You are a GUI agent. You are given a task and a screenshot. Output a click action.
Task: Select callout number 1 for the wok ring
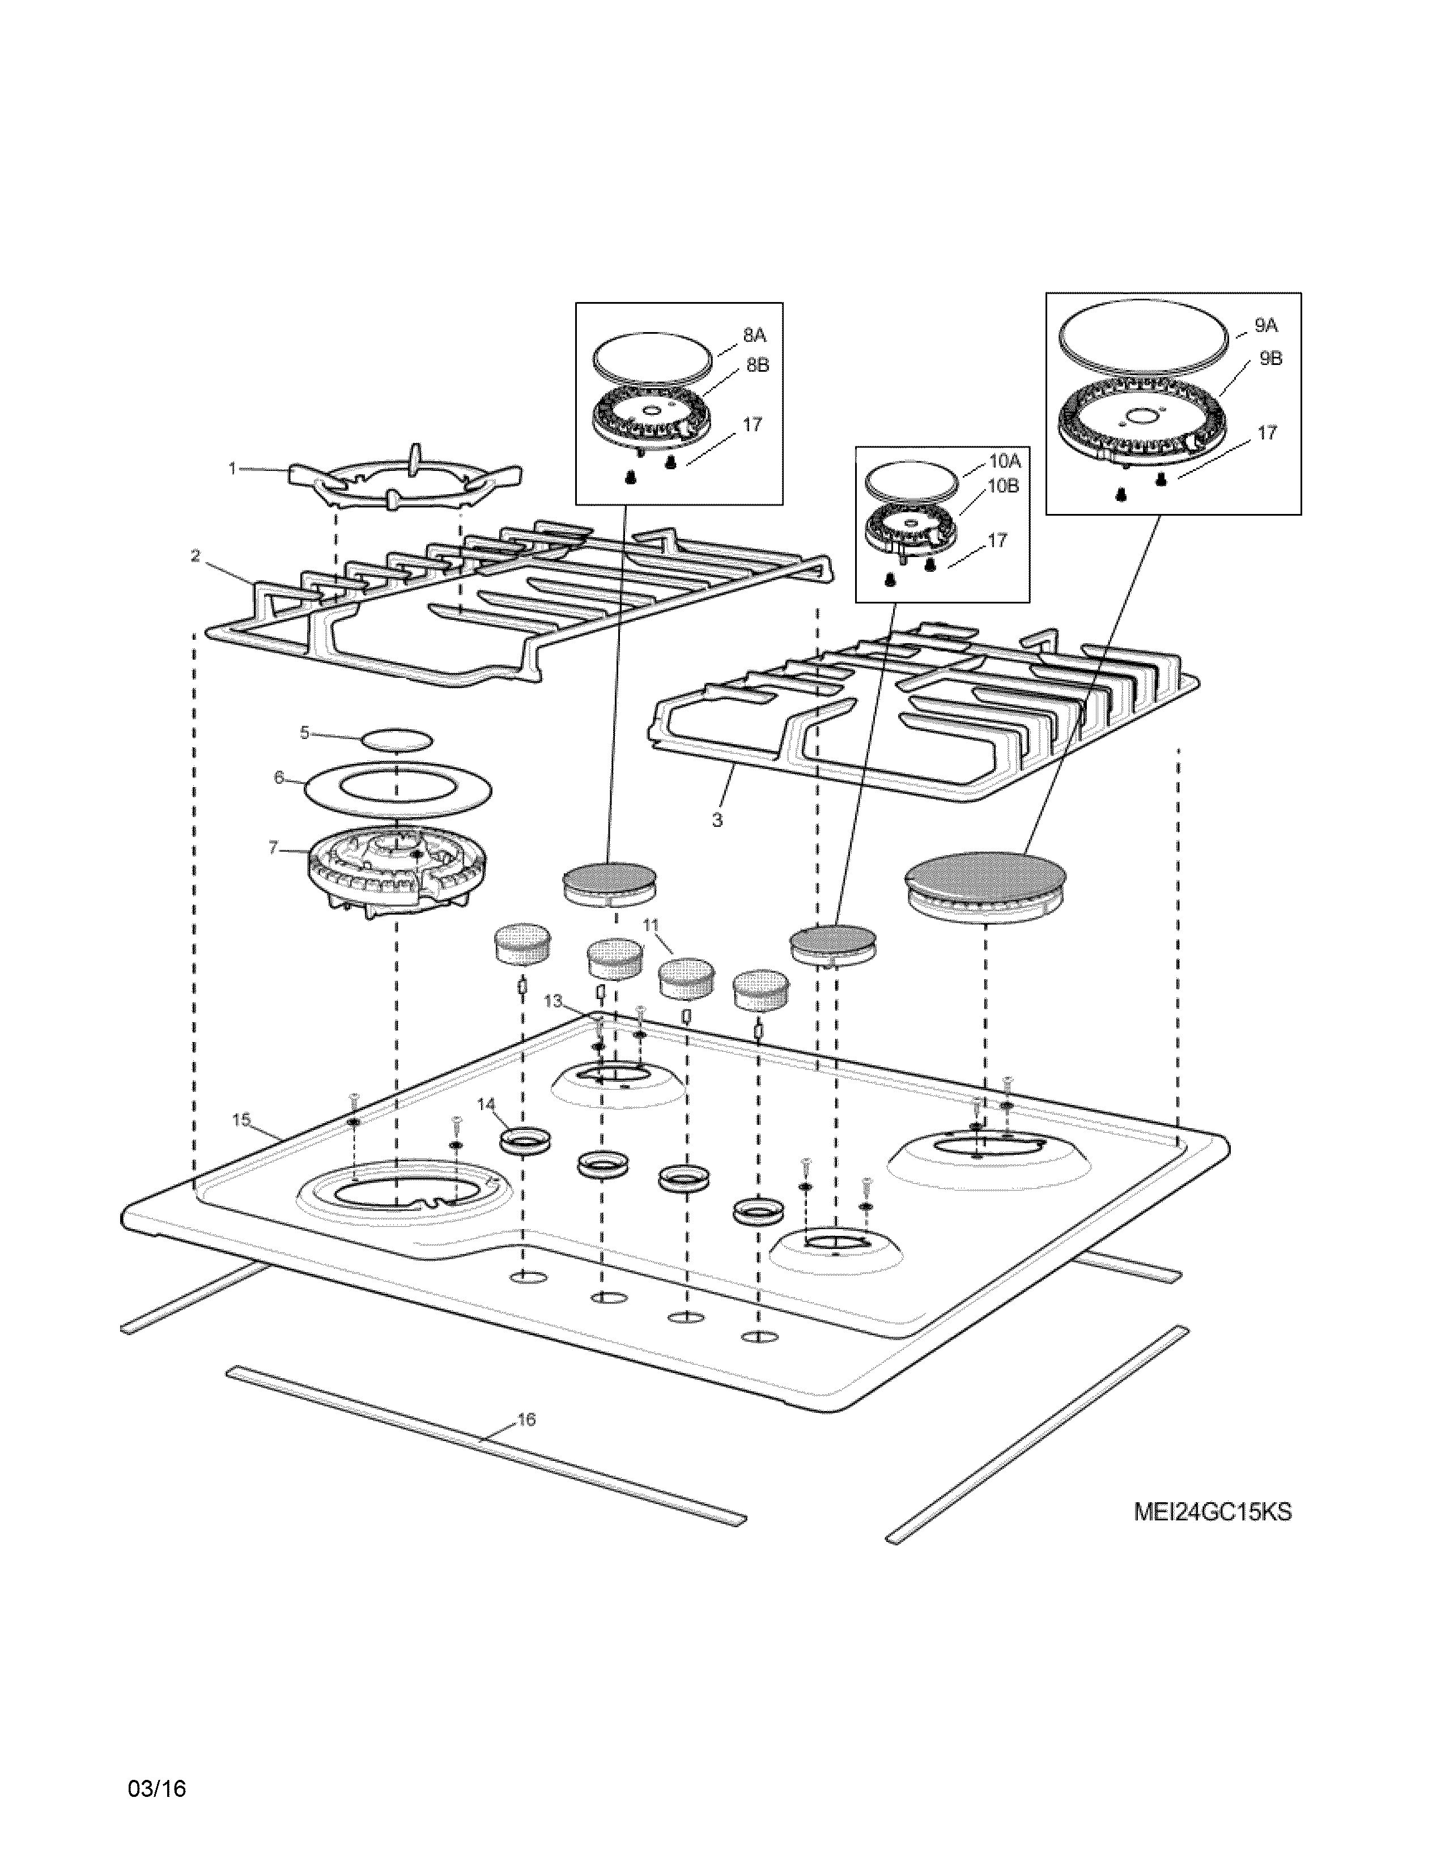(232, 469)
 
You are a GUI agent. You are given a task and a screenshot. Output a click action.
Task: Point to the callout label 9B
(1270, 359)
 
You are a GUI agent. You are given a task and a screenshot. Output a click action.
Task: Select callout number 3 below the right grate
(717, 821)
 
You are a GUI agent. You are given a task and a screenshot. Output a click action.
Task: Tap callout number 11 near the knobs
(652, 925)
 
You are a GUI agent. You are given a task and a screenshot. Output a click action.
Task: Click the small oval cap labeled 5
(397, 739)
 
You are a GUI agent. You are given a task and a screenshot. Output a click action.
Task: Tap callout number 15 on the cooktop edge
(241, 1120)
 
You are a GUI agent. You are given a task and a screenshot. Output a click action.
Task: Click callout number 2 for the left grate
(195, 556)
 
